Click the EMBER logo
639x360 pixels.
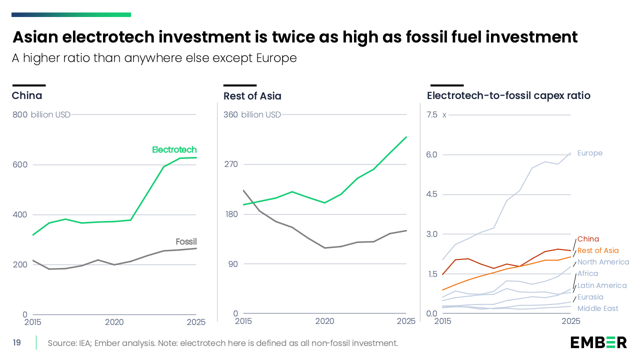click(598, 342)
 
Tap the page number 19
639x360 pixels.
click(17, 342)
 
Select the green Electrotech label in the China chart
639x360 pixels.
click(174, 149)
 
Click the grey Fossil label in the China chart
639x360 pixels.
click(186, 241)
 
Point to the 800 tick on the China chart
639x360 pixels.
click(20, 114)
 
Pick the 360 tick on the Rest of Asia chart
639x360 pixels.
click(230, 114)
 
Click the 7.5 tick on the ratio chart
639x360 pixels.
click(432, 114)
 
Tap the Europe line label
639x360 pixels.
click(590, 153)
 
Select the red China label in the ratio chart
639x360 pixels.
click(588, 239)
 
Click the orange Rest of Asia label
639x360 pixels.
click(598, 250)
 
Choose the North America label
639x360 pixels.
click(603, 262)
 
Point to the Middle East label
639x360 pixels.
click(597, 308)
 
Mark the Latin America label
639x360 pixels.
click(602, 285)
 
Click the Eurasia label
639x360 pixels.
click(590, 297)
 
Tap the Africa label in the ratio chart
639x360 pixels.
click(587, 273)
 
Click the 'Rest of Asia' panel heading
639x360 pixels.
click(252, 96)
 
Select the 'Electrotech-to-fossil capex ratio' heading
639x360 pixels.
click(508, 95)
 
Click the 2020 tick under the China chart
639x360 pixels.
click(114, 322)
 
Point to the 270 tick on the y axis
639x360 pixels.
click(231, 164)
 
